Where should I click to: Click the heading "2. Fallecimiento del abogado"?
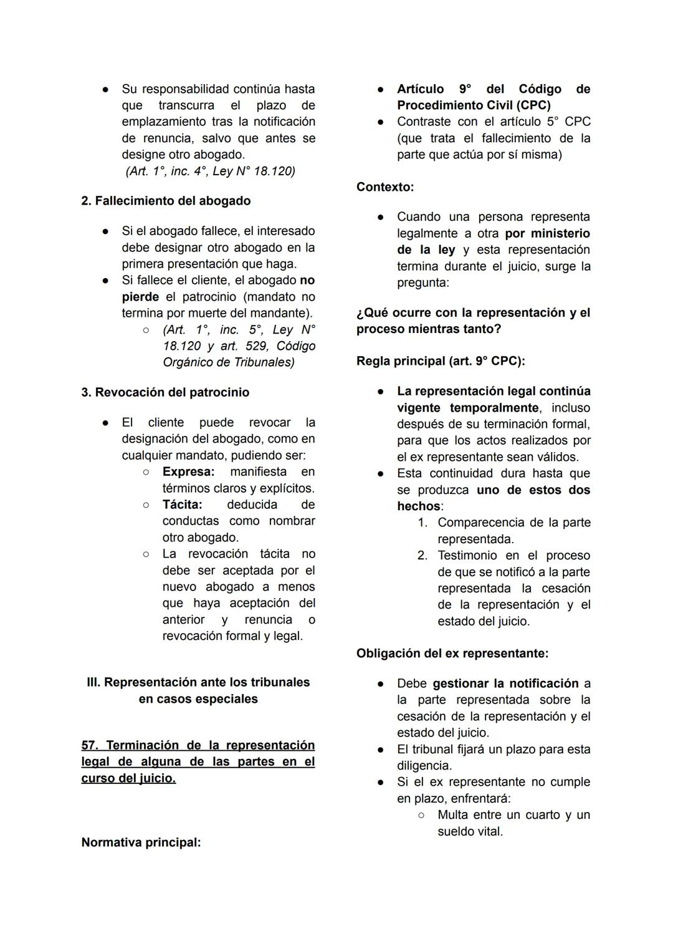pyautogui.click(x=166, y=201)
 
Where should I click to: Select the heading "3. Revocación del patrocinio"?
pyautogui.click(x=165, y=392)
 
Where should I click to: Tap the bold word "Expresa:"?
pyautogui.click(x=188, y=471)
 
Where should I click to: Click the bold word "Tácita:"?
pyautogui.click(x=182, y=504)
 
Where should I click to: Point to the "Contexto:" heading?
pyautogui.click(x=385, y=186)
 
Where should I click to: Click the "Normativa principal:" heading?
pyautogui.click(x=141, y=842)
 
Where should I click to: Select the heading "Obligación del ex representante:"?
pyautogui.click(x=452, y=654)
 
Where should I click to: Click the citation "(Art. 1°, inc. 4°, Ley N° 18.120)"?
pyautogui.click(x=211, y=171)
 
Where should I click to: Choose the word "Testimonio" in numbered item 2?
pyautogui.click(x=467, y=556)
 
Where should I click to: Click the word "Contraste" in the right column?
pyautogui.click(x=425, y=122)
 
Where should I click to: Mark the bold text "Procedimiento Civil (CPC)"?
pyautogui.click(x=474, y=105)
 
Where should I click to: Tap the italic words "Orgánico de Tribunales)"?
pyautogui.click(x=228, y=362)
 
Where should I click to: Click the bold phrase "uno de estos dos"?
pyautogui.click(x=533, y=490)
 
